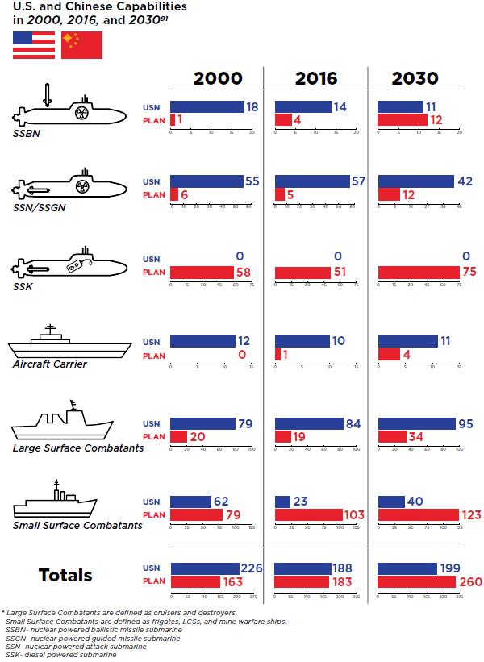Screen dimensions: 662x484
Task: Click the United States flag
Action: click(33, 45)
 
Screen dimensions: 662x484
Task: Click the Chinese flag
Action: click(81, 45)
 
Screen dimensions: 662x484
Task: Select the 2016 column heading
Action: click(316, 78)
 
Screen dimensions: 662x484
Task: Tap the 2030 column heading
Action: click(415, 78)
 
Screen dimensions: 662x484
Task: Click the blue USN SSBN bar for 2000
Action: click(207, 107)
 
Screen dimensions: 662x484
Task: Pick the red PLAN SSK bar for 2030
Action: click(418, 272)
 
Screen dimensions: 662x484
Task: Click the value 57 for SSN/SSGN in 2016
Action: click(359, 181)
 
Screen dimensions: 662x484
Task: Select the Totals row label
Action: click(65, 575)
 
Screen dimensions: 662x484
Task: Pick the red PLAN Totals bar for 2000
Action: click(196, 581)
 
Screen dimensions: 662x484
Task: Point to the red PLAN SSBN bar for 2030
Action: click(402, 119)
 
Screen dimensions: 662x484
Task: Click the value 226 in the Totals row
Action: click(252, 568)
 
